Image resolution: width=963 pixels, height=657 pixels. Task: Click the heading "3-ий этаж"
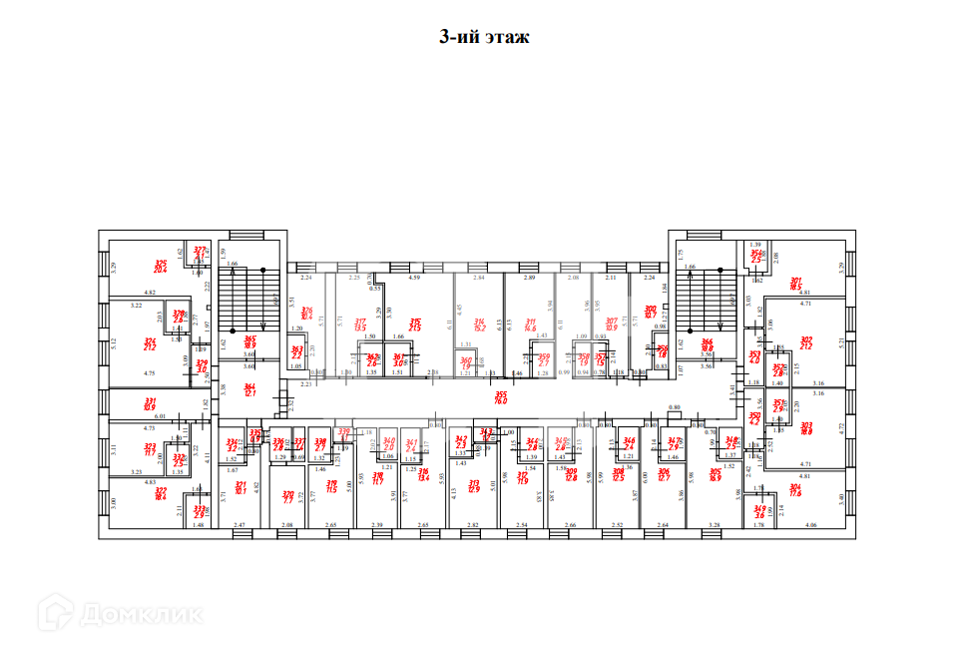[x=484, y=38]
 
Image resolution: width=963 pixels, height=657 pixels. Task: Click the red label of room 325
[x=160, y=266]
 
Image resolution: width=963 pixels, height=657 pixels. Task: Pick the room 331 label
[x=150, y=404]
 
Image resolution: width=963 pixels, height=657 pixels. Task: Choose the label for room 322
[x=161, y=493]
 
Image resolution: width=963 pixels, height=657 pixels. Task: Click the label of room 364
[x=250, y=390]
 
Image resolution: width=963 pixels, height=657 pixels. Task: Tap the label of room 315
[x=415, y=325]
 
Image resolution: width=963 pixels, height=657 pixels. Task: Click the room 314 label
[x=480, y=325]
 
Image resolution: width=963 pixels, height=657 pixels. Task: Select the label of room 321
[x=240, y=487]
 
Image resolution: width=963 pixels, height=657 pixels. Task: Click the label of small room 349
[x=760, y=512]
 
